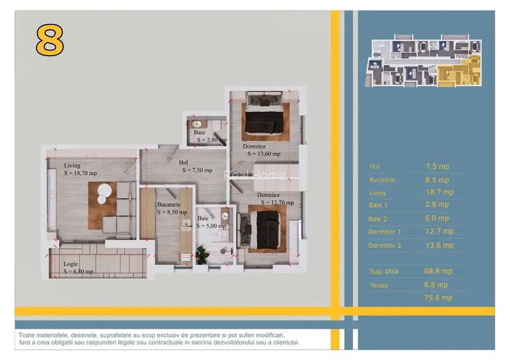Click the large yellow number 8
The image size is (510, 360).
[x=49, y=41]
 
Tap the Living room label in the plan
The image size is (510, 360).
[x=72, y=165]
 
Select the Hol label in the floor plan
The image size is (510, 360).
[x=184, y=162]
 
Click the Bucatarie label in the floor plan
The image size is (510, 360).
[x=169, y=205]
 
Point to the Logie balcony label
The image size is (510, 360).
[x=71, y=263]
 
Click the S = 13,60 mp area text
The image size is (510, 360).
[x=261, y=153]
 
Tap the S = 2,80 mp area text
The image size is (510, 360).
[x=211, y=139]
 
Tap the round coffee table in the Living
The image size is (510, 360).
[x=104, y=192]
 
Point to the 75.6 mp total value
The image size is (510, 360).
[x=438, y=297]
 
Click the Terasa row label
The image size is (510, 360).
[x=379, y=285]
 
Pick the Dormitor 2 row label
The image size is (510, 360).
[x=385, y=246]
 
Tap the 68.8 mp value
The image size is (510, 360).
[x=438, y=271]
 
